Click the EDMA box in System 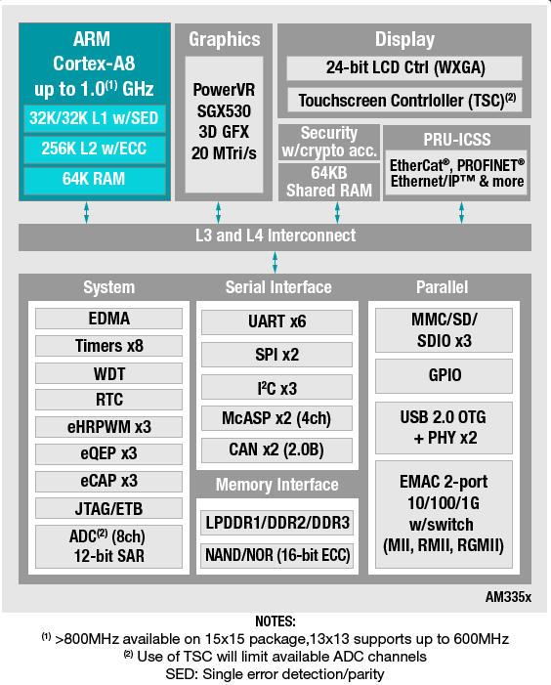[108, 319]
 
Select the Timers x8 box [108, 346]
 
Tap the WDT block [108, 373]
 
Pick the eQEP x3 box [108, 454]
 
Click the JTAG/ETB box [108, 508]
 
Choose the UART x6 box [276, 321]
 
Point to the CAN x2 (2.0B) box [276, 450]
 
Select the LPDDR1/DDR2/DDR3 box [277, 523]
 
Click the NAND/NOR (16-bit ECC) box [277, 555]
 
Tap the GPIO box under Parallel [445, 375]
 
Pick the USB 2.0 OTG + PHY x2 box [445, 428]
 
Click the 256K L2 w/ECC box [95, 149]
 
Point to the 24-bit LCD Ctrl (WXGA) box [404, 67]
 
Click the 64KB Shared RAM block [329, 182]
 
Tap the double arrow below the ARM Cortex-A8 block [86, 212]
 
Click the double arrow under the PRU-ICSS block [461, 212]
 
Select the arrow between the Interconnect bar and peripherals [275, 262]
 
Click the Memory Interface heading [276, 485]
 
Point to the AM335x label [508, 597]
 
